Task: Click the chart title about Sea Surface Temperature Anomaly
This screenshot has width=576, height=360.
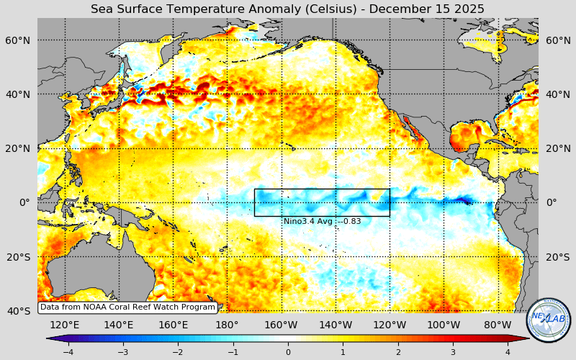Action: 287,9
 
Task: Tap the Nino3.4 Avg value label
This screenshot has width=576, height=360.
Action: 322,221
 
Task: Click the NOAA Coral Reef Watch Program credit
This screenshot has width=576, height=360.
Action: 127,307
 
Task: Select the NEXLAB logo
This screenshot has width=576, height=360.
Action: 549,320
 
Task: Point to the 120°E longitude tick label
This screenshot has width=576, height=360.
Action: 65,325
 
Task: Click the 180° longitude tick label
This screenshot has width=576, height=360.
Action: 227,325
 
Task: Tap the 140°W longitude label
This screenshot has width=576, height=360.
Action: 336,325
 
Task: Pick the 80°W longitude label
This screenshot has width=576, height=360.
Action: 498,325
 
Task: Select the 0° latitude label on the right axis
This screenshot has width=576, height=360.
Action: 552,202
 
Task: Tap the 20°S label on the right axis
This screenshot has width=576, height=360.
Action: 557,257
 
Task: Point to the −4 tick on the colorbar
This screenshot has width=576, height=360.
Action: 68,352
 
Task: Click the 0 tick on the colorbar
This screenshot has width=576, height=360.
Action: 288,352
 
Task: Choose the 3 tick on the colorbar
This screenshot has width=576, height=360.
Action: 453,352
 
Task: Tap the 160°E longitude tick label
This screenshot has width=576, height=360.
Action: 173,325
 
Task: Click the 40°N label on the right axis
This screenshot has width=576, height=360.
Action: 557,94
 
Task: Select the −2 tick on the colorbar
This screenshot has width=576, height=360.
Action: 178,352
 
